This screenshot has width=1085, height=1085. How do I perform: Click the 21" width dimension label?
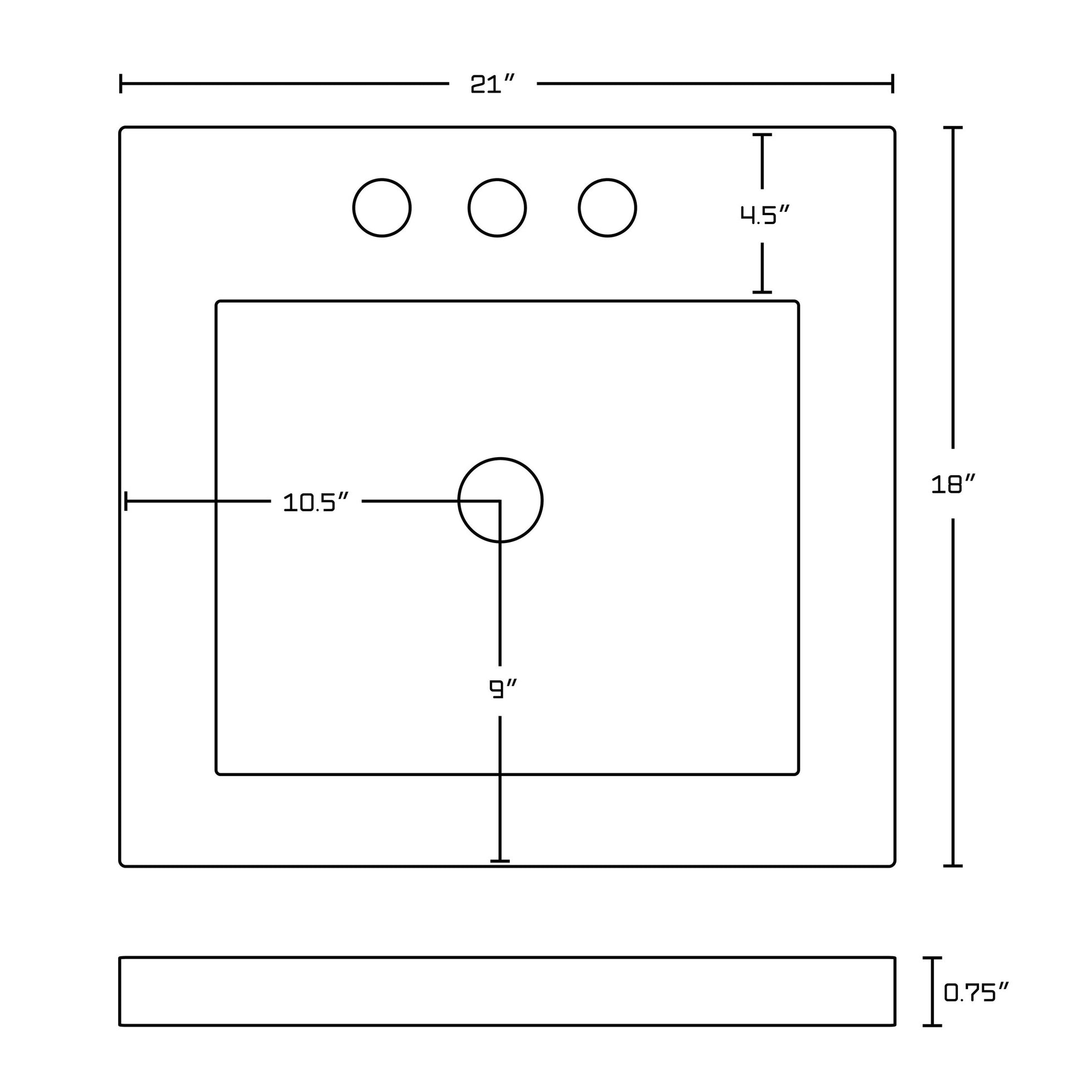[492, 84]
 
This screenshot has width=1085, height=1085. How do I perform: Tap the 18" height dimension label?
[953, 484]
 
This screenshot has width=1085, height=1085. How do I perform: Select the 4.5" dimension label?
[764, 215]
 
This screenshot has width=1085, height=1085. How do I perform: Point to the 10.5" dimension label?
[316, 502]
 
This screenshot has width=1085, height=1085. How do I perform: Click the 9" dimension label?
[502, 689]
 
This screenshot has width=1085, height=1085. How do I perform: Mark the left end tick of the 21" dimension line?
[121, 84]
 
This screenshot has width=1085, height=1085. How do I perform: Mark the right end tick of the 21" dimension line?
[893, 84]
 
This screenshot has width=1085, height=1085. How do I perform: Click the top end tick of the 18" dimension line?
[952, 128]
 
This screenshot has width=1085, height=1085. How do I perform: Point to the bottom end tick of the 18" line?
[952, 865]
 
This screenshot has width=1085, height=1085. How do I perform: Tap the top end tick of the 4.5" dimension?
[762, 135]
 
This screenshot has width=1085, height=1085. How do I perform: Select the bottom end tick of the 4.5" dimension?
[762, 292]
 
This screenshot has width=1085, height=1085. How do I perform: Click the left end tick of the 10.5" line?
[126, 500]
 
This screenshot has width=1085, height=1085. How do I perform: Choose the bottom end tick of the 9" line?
[500, 860]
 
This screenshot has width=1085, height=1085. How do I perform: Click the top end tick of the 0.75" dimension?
[932, 958]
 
